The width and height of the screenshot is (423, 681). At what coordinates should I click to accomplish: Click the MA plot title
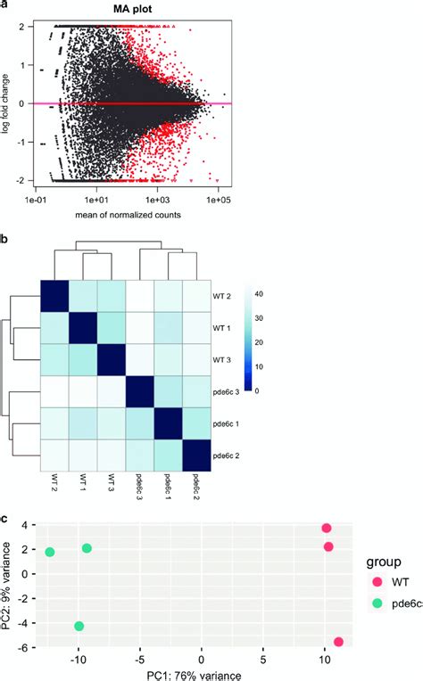pos(133,10)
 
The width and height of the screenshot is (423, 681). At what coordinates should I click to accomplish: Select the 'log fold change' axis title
pos(8,103)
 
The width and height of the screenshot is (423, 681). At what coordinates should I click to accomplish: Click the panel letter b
pos(5,240)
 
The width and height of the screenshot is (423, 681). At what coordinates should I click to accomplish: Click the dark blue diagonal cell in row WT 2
pos(54,295)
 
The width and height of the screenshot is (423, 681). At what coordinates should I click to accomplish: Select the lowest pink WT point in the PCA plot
pos(338,642)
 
